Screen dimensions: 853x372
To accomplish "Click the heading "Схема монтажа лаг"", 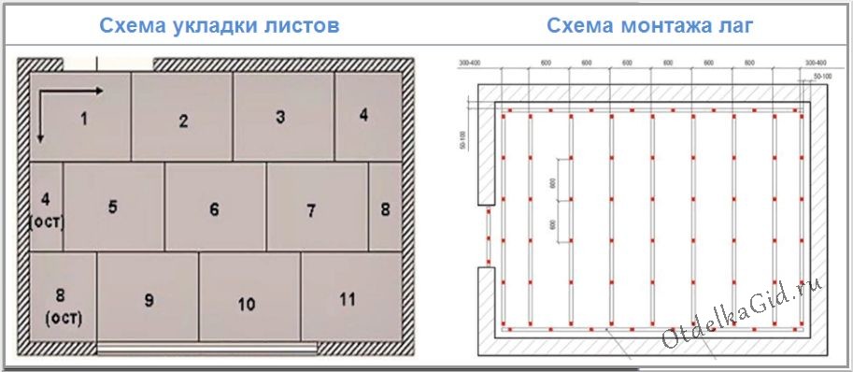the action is pyautogui.click(x=650, y=24).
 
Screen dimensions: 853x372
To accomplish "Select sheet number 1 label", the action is pyautogui.click(x=83, y=118).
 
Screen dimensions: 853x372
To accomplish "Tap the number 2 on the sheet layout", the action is pyautogui.click(x=184, y=121).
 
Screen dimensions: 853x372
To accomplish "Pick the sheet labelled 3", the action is pyautogui.click(x=280, y=117).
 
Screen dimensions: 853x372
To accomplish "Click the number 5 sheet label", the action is pyautogui.click(x=112, y=207).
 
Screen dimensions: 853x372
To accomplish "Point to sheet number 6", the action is pyautogui.click(x=214, y=210).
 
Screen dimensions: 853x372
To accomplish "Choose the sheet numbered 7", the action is pyautogui.click(x=312, y=210).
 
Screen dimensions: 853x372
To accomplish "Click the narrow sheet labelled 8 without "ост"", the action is pyautogui.click(x=385, y=209).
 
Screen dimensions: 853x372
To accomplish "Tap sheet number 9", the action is pyautogui.click(x=149, y=300).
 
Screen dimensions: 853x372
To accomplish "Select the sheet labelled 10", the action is pyautogui.click(x=247, y=304).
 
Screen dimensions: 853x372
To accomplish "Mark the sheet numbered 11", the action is pyautogui.click(x=348, y=299).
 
